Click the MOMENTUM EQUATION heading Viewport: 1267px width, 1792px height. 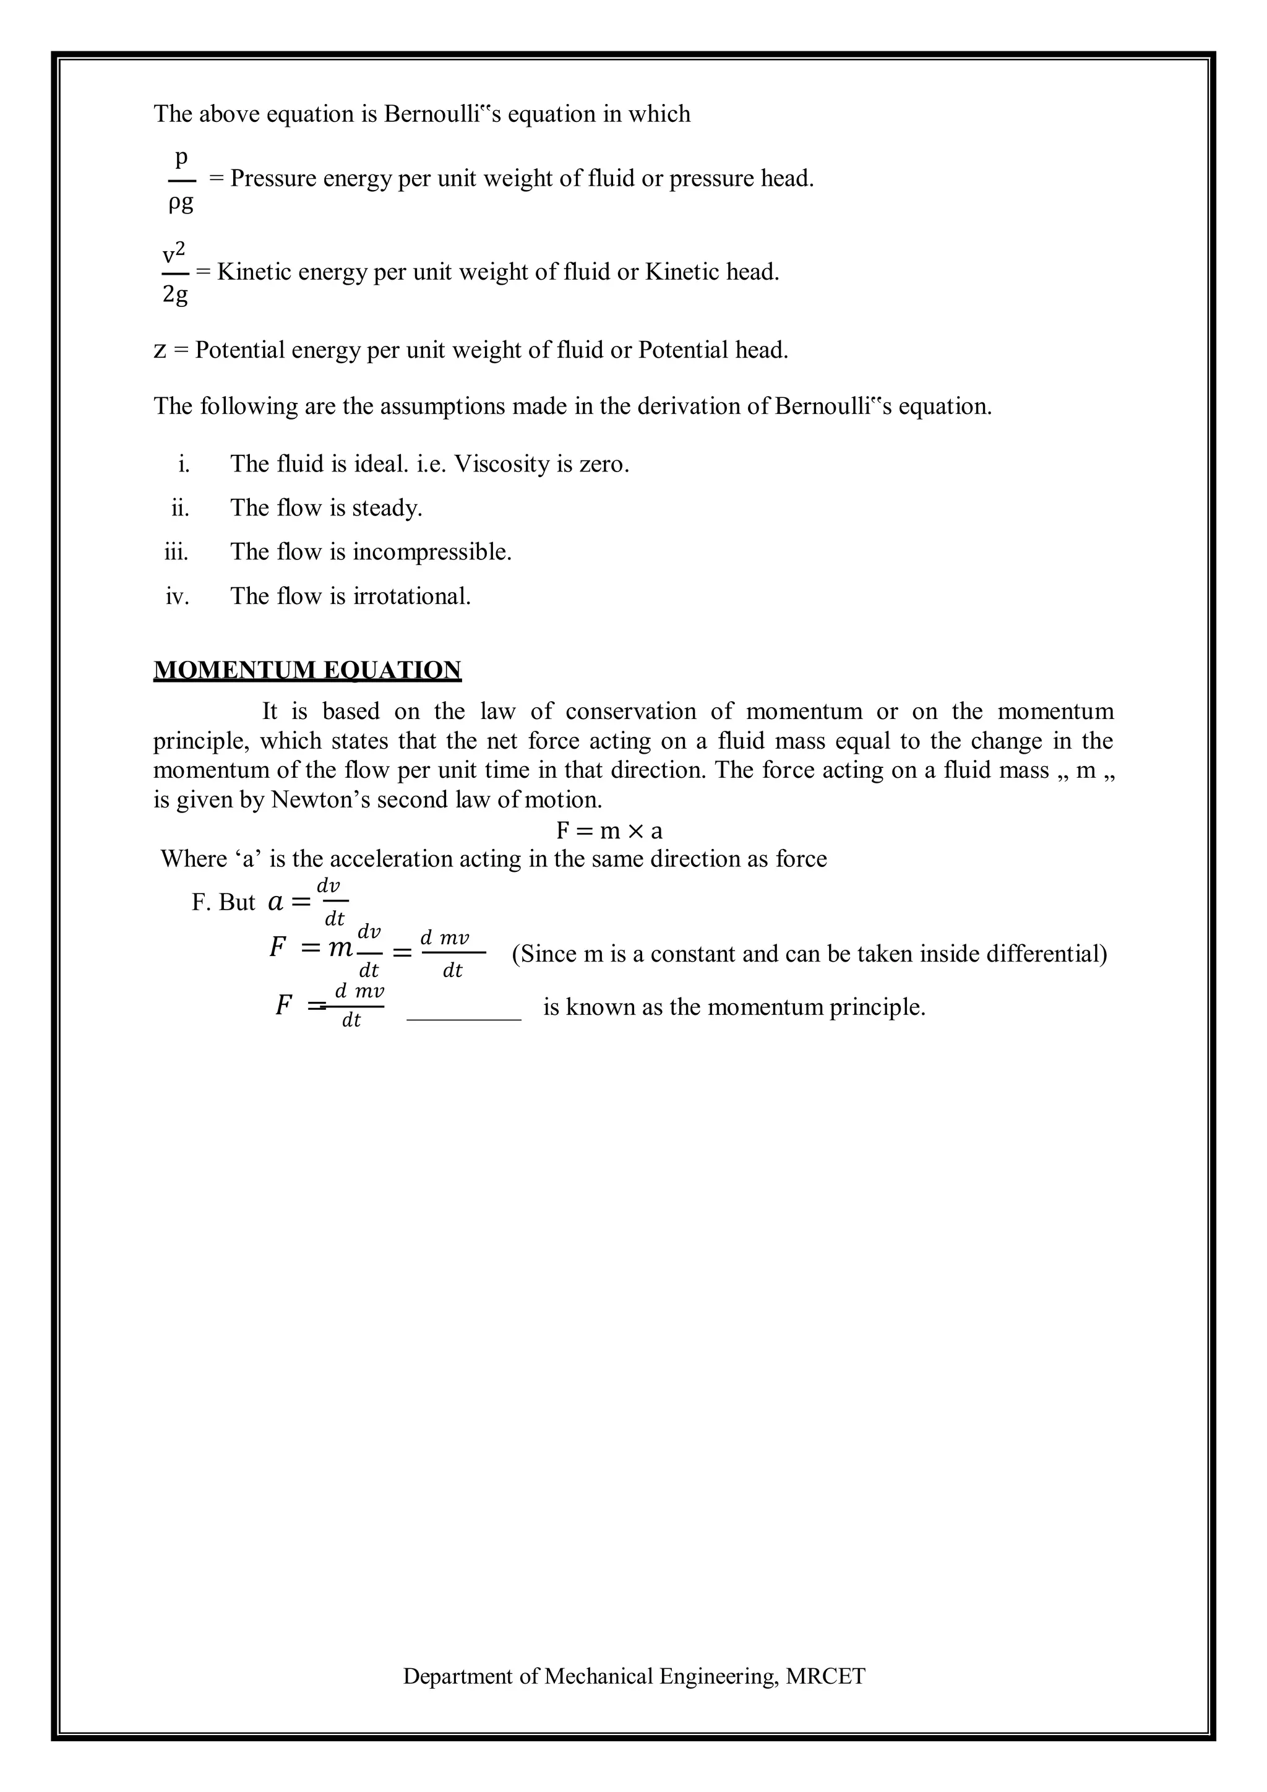(307, 670)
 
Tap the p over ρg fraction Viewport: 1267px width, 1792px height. (181, 180)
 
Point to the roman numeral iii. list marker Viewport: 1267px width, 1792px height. (176, 553)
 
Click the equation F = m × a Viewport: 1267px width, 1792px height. (609, 830)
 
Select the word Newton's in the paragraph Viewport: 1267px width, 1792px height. (320, 800)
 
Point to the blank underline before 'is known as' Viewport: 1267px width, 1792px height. (464, 1017)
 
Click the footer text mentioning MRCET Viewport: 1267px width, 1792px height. (633, 1676)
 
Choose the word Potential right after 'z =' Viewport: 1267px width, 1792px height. (240, 350)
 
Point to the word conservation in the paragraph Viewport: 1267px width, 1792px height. (630, 712)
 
